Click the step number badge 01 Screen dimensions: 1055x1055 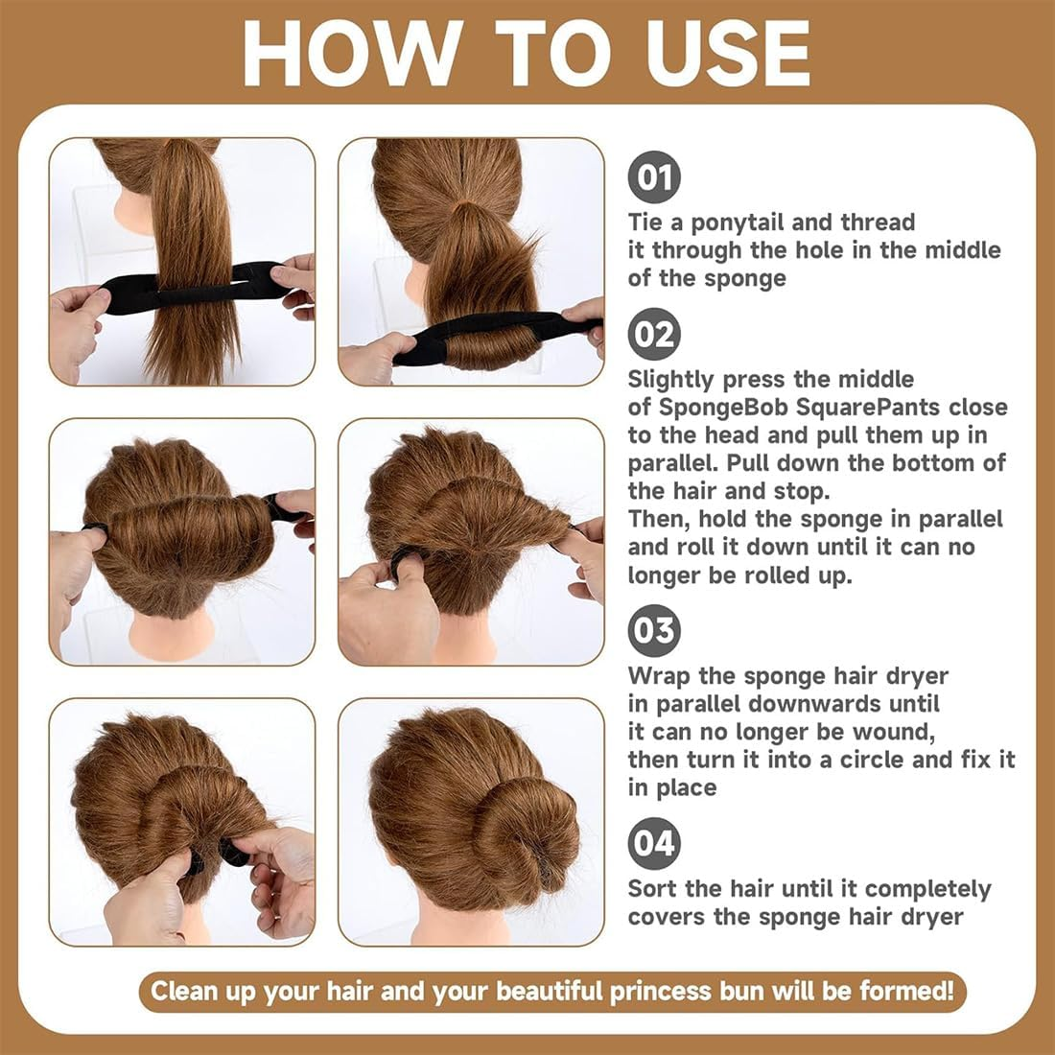click(654, 178)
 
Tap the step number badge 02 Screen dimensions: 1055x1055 click(654, 335)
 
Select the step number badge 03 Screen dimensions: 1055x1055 click(654, 630)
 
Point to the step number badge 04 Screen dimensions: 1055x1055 click(654, 843)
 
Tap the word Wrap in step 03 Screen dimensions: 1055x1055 click(659, 676)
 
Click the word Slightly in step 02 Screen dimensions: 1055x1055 click(671, 380)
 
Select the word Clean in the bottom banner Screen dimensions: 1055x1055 click(184, 991)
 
